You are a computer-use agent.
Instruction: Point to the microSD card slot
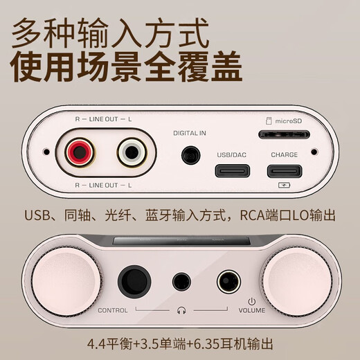(x=284, y=132)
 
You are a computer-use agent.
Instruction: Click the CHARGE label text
(x=285, y=155)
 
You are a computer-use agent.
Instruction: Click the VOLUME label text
(x=253, y=311)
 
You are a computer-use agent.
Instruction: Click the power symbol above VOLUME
(x=252, y=300)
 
